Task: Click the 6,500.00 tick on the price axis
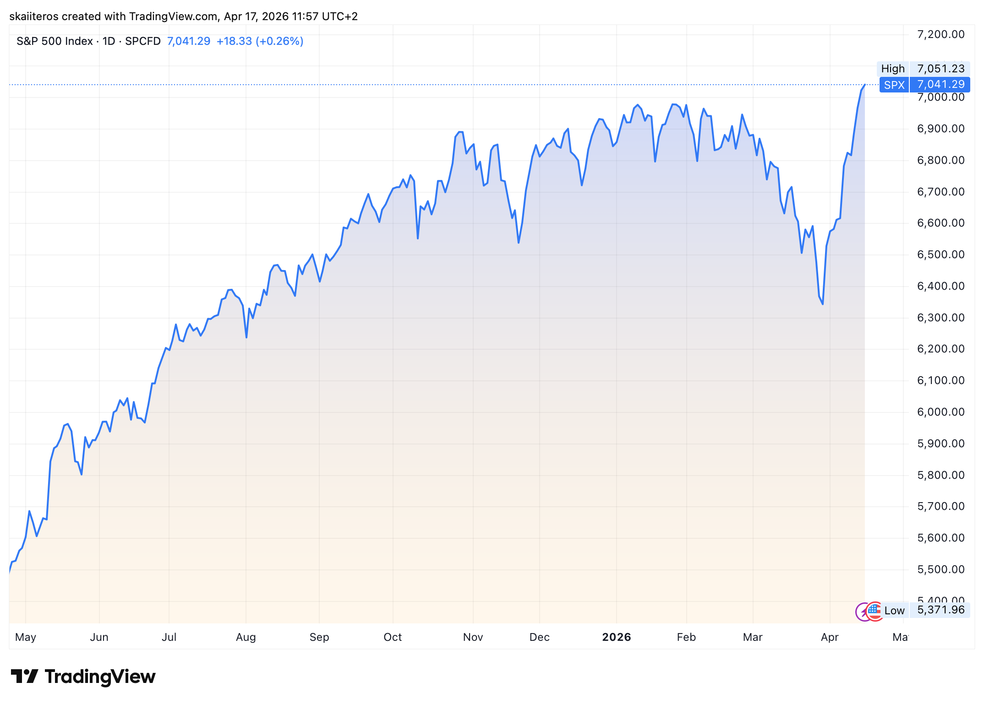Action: (x=940, y=255)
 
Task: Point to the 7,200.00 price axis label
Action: (x=940, y=34)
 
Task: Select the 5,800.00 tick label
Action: (x=940, y=475)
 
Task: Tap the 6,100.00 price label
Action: (x=940, y=380)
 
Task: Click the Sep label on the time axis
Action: (x=319, y=637)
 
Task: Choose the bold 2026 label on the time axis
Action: (x=616, y=637)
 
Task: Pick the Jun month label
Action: (x=99, y=637)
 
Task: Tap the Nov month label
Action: (x=473, y=637)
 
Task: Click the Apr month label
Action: (x=830, y=637)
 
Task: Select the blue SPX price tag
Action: (x=894, y=85)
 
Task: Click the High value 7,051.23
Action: (x=940, y=69)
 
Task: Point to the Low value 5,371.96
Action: (x=940, y=610)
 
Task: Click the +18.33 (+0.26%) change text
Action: (x=260, y=41)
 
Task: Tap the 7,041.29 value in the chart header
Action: (x=189, y=41)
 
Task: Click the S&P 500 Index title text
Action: (x=55, y=41)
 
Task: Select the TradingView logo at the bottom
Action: (x=83, y=677)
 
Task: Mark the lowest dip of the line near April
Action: (x=823, y=304)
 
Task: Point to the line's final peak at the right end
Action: (x=864, y=85)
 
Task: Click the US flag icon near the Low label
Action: (x=875, y=611)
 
